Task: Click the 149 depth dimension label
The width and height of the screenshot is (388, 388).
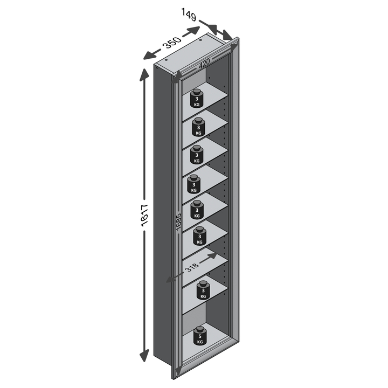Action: tap(189, 15)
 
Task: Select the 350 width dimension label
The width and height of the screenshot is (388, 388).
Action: tap(172, 43)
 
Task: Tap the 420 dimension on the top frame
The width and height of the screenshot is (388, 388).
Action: tap(204, 64)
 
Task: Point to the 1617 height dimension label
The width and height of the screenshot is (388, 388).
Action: tap(144, 215)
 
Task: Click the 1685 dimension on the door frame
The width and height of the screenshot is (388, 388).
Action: tap(179, 222)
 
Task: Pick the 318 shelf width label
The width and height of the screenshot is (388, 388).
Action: tap(192, 267)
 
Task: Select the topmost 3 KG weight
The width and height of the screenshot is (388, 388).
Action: tap(197, 98)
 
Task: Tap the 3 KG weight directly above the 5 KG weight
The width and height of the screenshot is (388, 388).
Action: tap(203, 290)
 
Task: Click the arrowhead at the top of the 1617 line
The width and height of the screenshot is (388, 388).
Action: tap(144, 74)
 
